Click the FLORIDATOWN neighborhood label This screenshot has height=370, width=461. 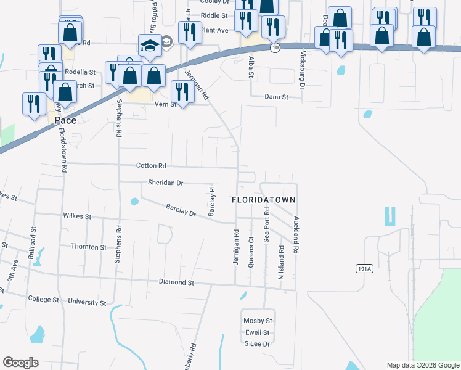tap(264, 200)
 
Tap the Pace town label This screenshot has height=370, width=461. tap(65, 120)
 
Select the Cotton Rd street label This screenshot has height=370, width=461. tap(152, 166)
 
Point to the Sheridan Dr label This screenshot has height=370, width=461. tap(166, 183)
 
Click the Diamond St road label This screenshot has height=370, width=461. tap(176, 282)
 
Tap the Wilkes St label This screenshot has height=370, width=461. tap(77, 216)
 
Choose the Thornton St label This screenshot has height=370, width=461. tap(89, 247)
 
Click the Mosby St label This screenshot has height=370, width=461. tap(258, 321)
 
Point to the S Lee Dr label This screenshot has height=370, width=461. tap(258, 343)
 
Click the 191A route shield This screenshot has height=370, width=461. tap(364, 269)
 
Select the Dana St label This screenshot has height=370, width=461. tap(276, 97)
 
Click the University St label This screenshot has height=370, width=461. tap(87, 303)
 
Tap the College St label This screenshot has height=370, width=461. tap(43, 299)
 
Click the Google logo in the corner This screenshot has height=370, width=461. tap(20, 363)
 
